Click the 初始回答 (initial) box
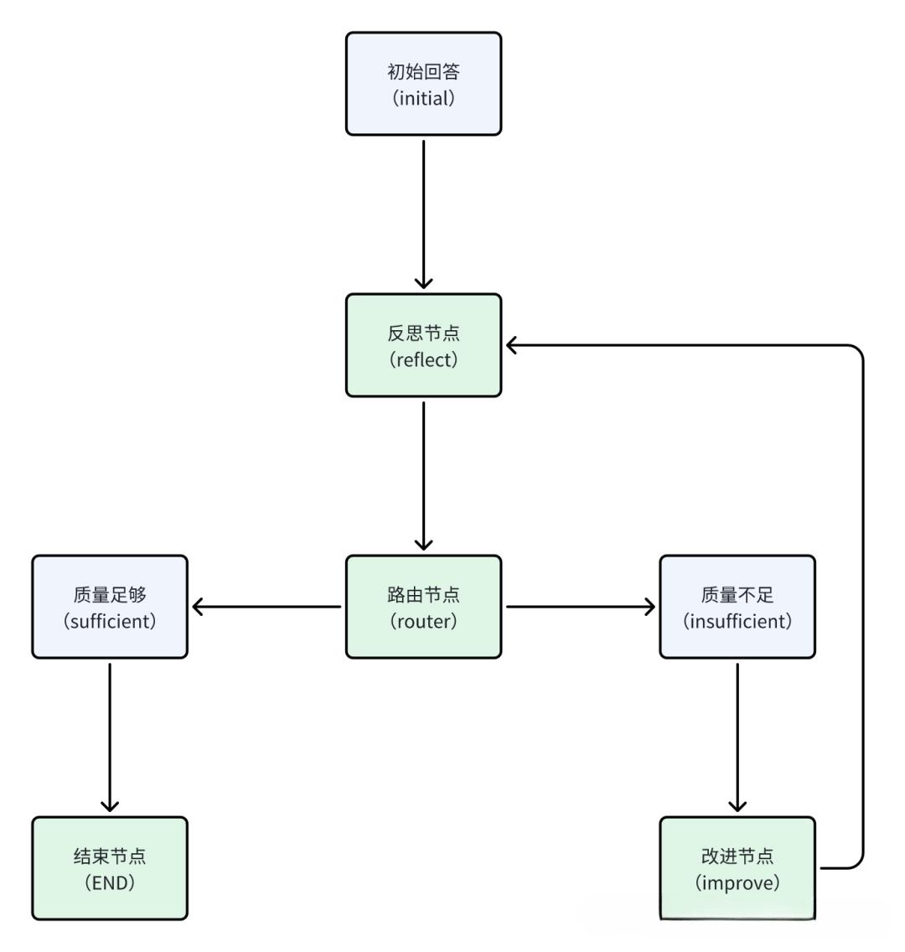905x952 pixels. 423,84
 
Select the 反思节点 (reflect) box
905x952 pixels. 423,345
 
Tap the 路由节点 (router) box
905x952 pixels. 423,607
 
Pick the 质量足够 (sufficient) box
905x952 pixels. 110,607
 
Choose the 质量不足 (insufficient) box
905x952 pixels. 737,607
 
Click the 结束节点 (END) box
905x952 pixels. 110,868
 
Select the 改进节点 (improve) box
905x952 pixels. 737,868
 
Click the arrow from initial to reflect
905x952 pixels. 423,214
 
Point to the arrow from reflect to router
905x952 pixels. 423,475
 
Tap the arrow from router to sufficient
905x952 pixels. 266,607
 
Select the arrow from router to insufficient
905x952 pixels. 581,607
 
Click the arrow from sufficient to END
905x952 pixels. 110,737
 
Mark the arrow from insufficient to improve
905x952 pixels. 737,737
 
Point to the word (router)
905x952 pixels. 423,621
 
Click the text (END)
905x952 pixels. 110,882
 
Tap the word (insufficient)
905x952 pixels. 737,621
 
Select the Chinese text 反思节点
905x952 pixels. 423,333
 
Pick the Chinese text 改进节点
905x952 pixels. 737,856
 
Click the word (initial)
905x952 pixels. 423,98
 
